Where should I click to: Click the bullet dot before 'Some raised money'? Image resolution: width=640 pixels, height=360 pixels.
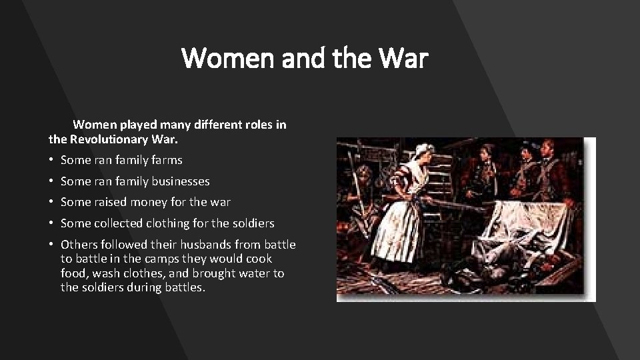(51, 202)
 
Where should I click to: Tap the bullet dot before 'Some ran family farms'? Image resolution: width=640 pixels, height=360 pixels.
(51, 161)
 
